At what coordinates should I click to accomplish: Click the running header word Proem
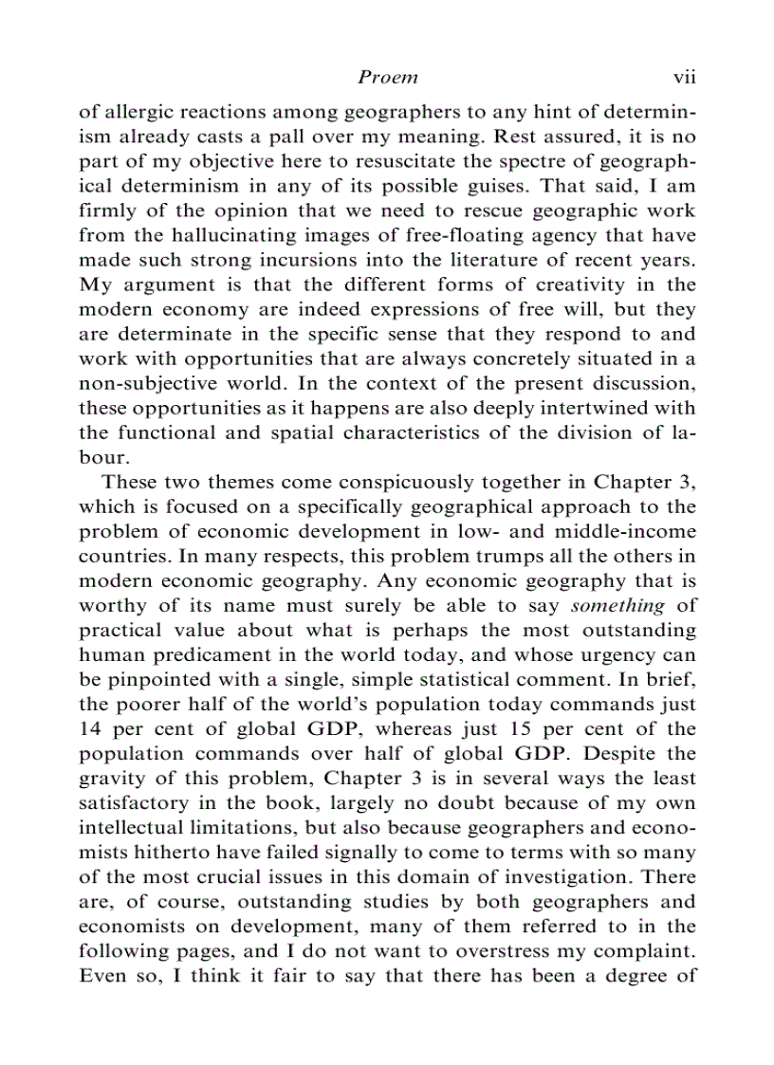(x=388, y=77)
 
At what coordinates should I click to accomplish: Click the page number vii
(x=684, y=77)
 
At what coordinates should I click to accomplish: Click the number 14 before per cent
(x=90, y=728)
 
